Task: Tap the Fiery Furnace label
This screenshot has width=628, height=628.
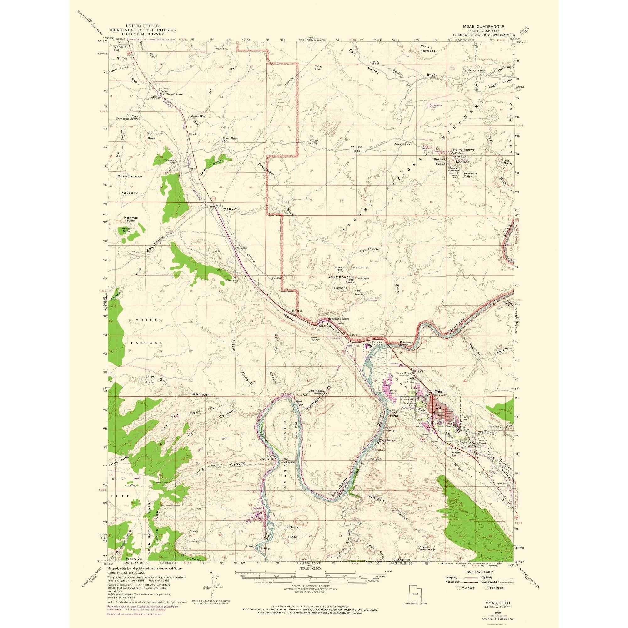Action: click(x=427, y=48)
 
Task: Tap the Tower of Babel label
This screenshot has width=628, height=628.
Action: click(x=360, y=268)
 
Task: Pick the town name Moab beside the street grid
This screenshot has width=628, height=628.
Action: click(x=437, y=392)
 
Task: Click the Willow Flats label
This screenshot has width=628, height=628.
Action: click(x=356, y=149)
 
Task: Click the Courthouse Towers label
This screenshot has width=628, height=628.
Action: click(x=339, y=282)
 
